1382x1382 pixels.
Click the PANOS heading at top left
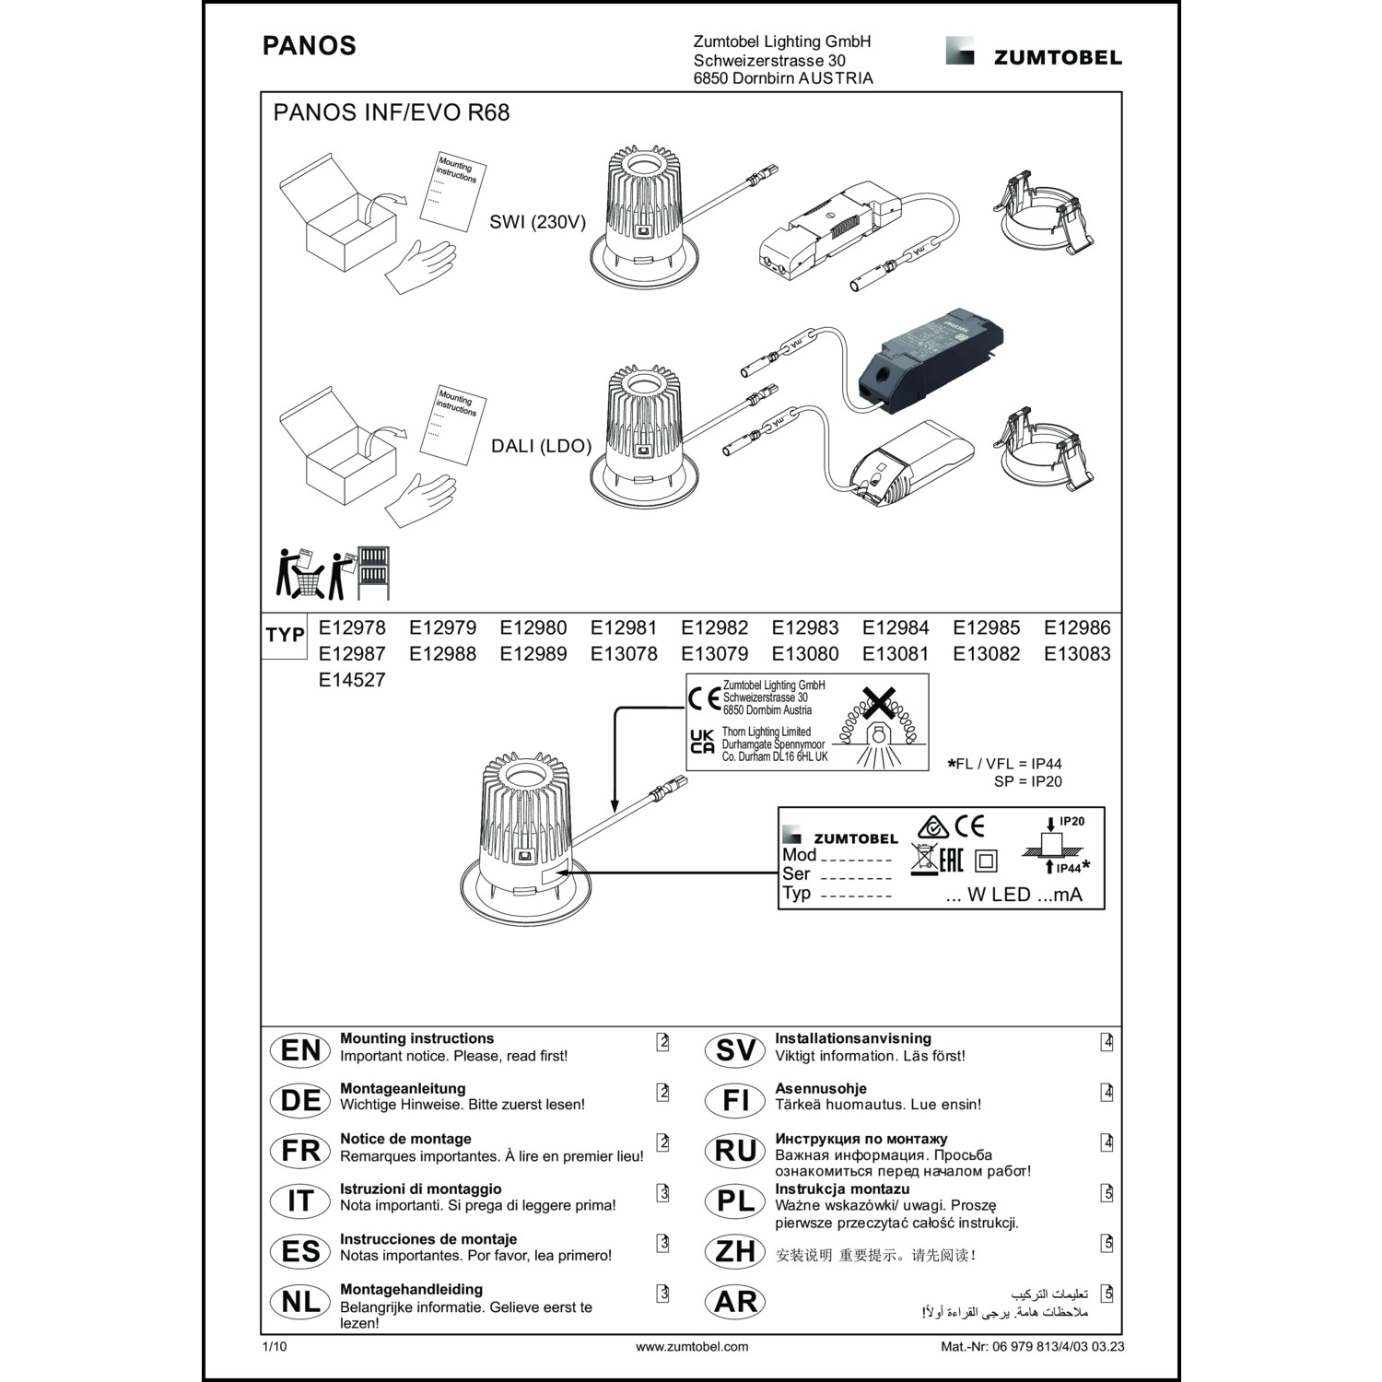309,46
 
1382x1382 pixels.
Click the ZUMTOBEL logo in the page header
1034,53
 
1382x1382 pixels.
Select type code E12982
714,628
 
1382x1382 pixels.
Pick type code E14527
352,680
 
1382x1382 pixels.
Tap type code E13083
1077,654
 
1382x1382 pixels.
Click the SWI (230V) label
537,222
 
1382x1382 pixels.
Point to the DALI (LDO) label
541,446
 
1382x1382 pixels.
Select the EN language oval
300,1050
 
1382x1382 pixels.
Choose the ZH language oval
735,1251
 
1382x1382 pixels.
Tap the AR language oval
735,1302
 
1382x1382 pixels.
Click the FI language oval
735,1100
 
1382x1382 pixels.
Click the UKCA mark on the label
702,742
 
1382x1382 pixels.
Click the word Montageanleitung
403,1088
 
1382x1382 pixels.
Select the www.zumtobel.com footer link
692,1347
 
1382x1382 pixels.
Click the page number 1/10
275,1347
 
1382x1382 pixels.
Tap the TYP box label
285,636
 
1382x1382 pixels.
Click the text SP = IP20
1027,781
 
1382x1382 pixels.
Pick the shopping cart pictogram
310,580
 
